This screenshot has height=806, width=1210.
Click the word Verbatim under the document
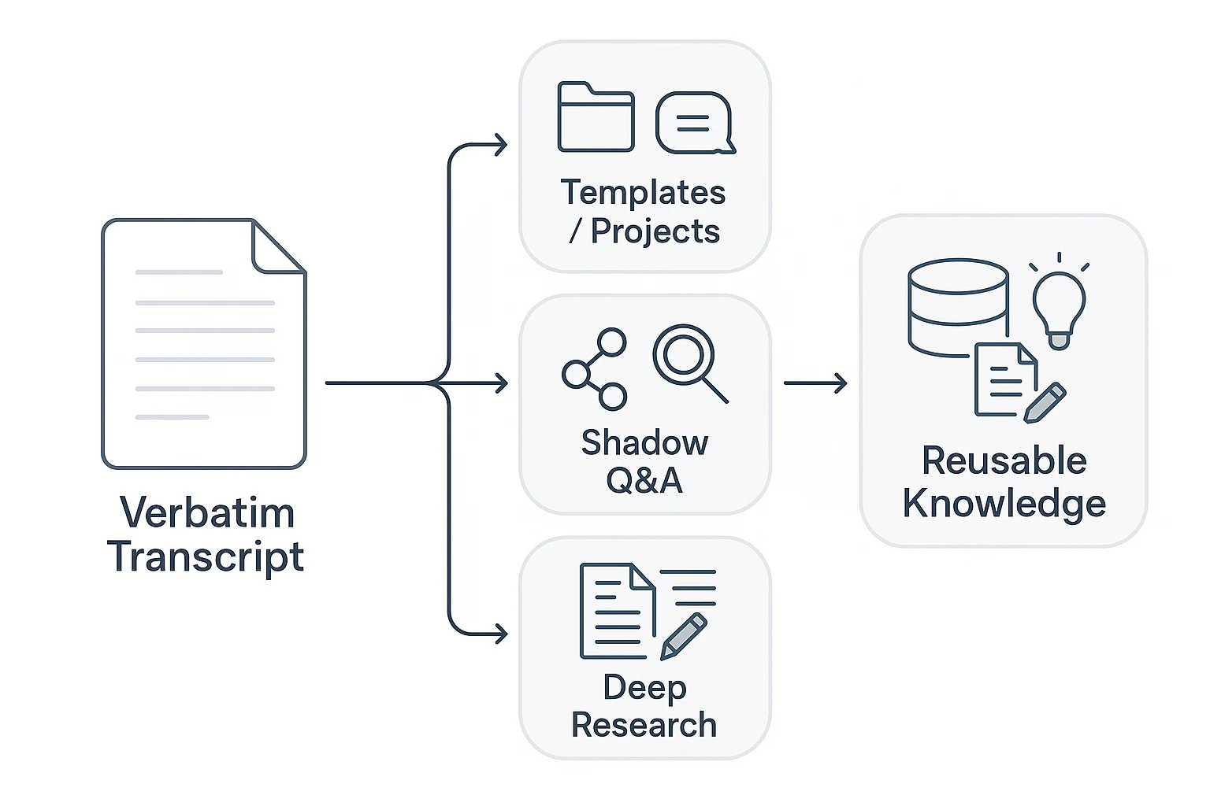point(207,513)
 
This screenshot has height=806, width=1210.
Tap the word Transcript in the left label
point(206,556)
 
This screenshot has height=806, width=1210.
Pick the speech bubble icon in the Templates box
point(694,123)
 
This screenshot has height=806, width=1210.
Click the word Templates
point(643,193)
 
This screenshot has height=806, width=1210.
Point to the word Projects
point(655,231)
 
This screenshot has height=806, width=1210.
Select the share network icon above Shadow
point(595,369)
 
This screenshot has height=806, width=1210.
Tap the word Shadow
point(644,443)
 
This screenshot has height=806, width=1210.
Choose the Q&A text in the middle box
point(644,480)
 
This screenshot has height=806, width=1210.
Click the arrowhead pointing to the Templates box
point(499,145)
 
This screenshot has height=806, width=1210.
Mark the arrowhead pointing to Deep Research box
point(499,634)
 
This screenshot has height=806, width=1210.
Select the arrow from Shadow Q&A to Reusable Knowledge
point(815,383)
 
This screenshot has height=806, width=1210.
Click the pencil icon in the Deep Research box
point(683,636)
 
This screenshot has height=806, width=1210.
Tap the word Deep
point(644,688)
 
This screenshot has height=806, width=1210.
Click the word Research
point(644,725)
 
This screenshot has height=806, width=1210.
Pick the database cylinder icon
point(958,307)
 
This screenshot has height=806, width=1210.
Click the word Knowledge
point(1004,504)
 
